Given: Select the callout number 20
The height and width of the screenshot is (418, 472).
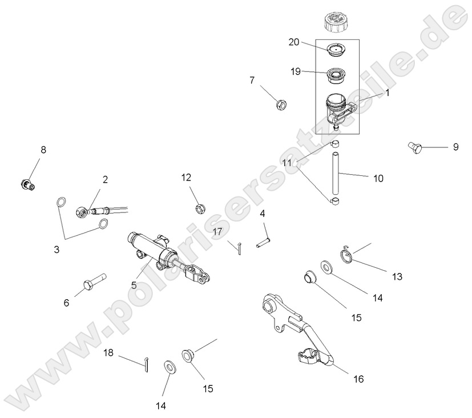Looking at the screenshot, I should pyautogui.click(x=294, y=42).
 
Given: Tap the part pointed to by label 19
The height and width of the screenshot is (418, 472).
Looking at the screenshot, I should pyautogui.click(x=336, y=74).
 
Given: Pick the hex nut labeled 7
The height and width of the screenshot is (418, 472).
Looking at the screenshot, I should pyautogui.click(x=280, y=104).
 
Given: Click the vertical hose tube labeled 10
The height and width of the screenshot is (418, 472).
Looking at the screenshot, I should pyautogui.click(x=336, y=171).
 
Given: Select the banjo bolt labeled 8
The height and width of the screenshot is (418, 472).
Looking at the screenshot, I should pyautogui.click(x=26, y=184).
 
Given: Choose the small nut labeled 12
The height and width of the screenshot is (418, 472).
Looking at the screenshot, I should pyautogui.click(x=200, y=207).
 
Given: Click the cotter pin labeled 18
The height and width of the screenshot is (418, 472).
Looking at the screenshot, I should pyautogui.click(x=147, y=363).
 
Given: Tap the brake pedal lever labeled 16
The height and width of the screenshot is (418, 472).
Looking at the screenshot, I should pyautogui.click(x=297, y=331).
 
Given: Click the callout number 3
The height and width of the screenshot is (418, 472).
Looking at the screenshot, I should pyautogui.click(x=57, y=250).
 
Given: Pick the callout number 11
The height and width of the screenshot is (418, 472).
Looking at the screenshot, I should pyautogui.click(x=287, y=163).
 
